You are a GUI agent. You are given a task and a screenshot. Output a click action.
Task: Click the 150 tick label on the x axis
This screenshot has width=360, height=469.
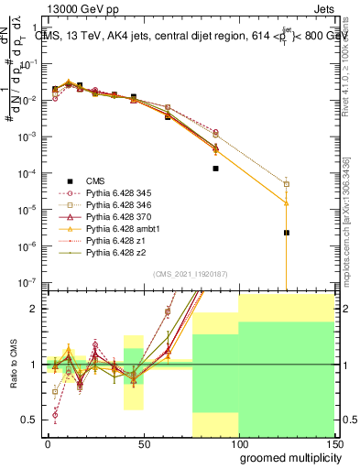[333, 442]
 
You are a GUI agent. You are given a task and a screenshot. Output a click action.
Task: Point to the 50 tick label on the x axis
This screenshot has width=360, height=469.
[143, 442]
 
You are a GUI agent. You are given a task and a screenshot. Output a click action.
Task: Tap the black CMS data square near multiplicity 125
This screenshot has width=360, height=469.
[287, 233]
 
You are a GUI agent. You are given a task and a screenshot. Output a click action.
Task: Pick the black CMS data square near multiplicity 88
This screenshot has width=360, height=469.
[215, 169]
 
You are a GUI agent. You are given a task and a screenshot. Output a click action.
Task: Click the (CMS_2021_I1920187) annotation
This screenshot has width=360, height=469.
[191, 274]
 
